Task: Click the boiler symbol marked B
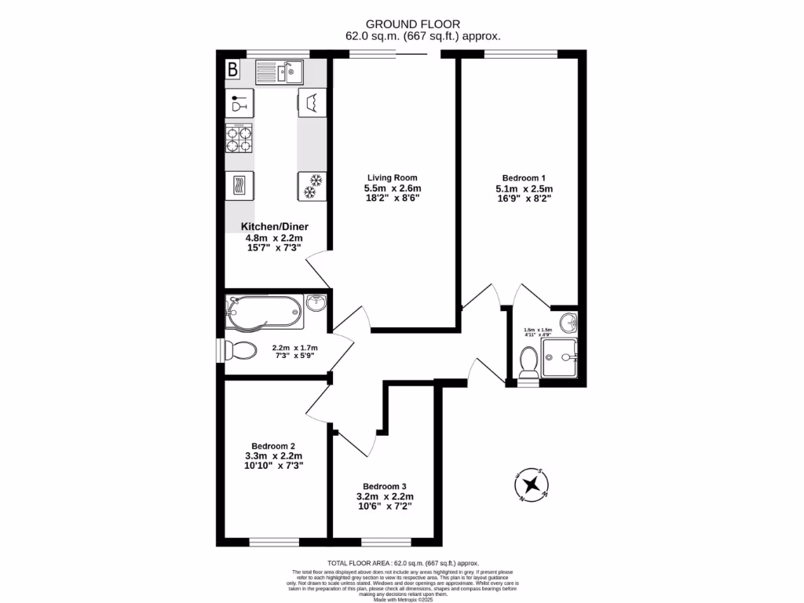(232, 70)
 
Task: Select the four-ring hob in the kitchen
(240, 139)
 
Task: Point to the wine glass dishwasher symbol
(240, 103)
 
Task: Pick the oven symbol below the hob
(240, 185)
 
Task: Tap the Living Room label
(392, 177)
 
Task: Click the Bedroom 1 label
(524, 177)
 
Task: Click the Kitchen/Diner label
(275, 227)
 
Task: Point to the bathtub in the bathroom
(264, 312)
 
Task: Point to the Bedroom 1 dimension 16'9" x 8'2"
(524, 199)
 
